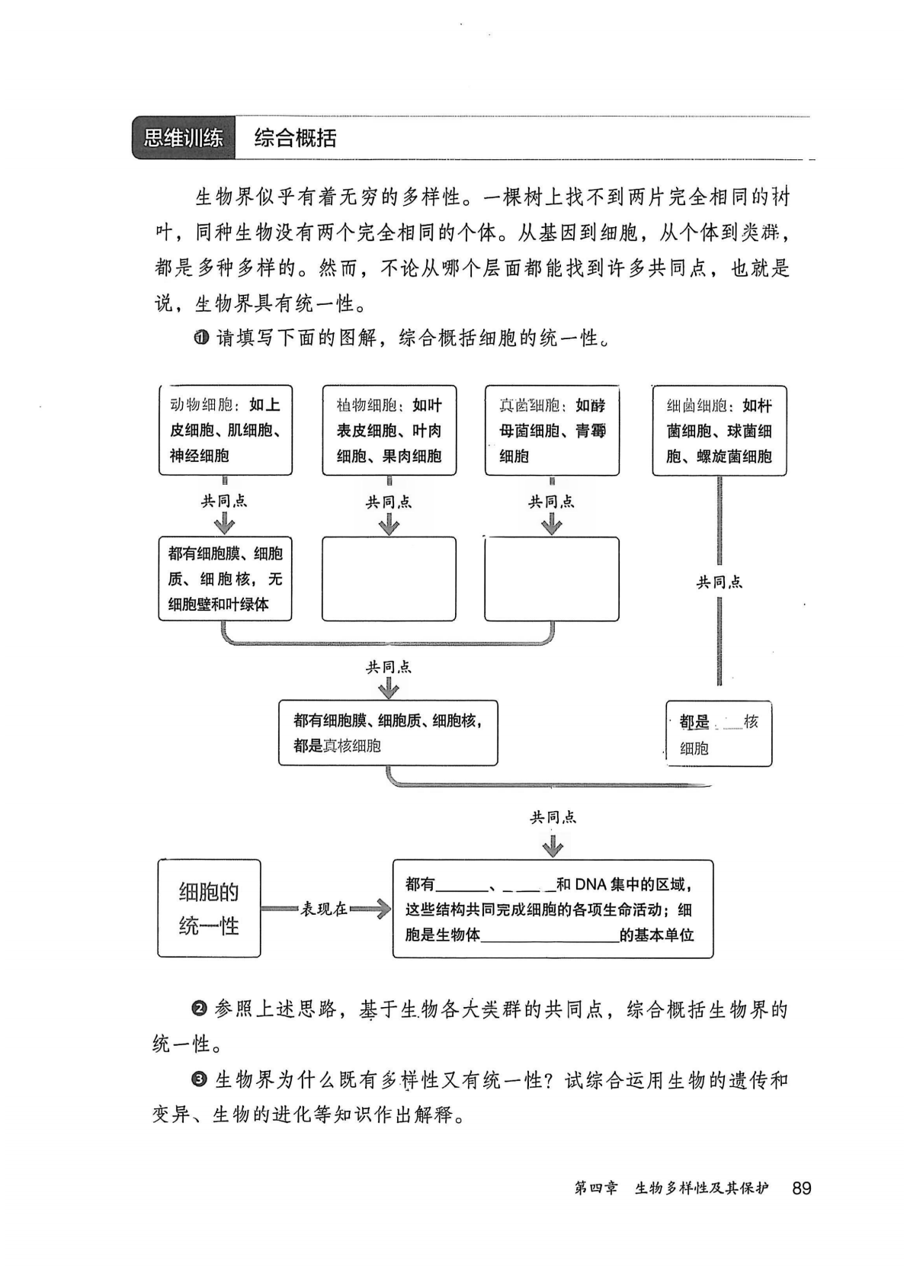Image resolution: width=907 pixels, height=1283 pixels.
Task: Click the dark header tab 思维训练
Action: (x=183, y=138)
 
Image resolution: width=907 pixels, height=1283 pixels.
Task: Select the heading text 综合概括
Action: (x=295, y=138)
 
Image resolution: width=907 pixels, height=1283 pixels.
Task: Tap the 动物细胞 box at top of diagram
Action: (x=225, y=430)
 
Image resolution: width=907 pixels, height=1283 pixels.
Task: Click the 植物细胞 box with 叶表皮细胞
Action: (x=389, y=430)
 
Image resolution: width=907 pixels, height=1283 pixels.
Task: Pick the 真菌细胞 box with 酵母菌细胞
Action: (x=552, y=430)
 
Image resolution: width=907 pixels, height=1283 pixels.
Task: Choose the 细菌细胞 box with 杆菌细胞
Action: (x=719, y=430)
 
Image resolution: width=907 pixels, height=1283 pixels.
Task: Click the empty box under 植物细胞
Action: (x=389, y=579)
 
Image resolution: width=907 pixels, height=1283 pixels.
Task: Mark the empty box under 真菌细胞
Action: (x=552, y=579)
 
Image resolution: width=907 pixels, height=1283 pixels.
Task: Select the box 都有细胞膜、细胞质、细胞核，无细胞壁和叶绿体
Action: (x=225, y=579)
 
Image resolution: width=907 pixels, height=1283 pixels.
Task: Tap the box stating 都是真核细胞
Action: (x=388, y=733)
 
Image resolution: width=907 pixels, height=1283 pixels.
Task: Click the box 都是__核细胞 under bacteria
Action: (x=719, y=733)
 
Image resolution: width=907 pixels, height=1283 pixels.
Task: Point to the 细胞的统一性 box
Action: (x=209, y=908)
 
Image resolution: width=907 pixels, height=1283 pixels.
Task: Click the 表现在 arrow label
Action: (x=324, y=909)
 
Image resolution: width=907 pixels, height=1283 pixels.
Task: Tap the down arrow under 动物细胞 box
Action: (x=225, y=523)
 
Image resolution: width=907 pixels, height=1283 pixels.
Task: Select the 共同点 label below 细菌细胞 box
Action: (x=719, y=582)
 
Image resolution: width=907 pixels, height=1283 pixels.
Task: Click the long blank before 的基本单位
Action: (x=550, y=936)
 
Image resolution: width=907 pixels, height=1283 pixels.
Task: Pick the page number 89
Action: (x=802, y=1188)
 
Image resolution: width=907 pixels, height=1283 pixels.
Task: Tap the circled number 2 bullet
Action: (x=200, y=1010)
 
